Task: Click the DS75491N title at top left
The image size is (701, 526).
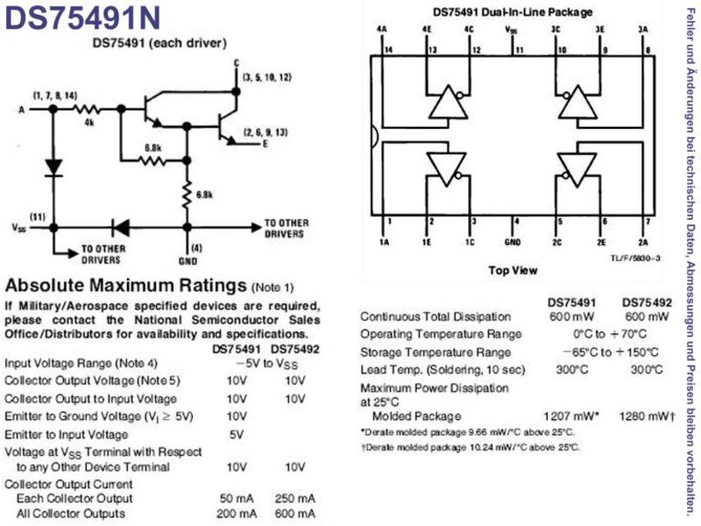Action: (x=82, y=18)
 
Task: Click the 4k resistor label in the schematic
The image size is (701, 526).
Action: (x=89, y=123)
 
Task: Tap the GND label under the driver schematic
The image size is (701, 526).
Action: (x=188, y=261)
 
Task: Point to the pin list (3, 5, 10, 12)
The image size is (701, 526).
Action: (x=267, y=77)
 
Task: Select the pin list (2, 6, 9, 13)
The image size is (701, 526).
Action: (x=266, y=132)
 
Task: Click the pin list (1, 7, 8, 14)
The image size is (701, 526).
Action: (x=55, y=96)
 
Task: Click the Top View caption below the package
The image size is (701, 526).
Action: (x=513, y=270)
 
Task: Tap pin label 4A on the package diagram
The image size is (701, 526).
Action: (x=381, y=30)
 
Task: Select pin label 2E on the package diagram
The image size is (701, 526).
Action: (x=601, y=243)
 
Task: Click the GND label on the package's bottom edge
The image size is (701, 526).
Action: (x=513, y=243)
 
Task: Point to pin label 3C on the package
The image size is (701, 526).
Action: (x=556, y=30)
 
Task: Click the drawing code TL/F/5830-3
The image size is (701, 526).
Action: (x=636, y=258)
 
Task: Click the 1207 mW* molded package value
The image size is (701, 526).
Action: (x=571, y=416)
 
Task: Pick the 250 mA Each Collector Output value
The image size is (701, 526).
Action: (x=295, y=498)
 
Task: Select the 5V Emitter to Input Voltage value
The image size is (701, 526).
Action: (x=237, y=434)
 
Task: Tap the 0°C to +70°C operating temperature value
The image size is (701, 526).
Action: (x=610, y=334)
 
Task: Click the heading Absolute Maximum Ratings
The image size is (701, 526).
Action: (x=125, y=285)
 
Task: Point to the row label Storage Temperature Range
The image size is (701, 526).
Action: (x=435, y=352)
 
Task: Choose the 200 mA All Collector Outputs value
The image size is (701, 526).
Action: (x=237, y=514)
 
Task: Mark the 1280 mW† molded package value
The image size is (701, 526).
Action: (x=648, y=416)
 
